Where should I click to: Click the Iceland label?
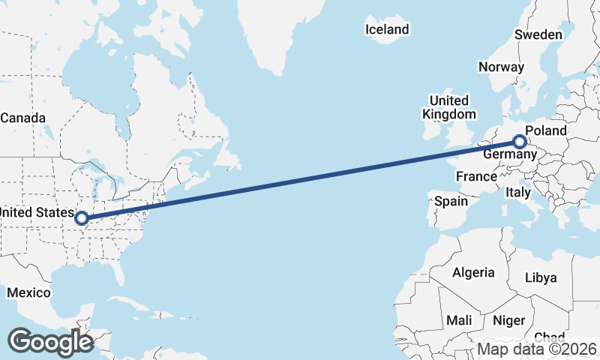point(387,30)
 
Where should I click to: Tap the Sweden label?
point(538,35)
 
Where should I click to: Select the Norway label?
point(501,67)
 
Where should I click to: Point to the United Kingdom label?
point(449,107)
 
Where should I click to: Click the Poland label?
point(546,130)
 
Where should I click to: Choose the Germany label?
point(509,154)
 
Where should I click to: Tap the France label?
point(476,177)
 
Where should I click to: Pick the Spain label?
point(451,201)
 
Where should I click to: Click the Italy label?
point(518,193)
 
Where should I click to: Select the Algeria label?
point(473,272)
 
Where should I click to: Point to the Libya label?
point(541,277)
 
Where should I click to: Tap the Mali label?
point(459,320)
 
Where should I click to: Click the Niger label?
point(509,320)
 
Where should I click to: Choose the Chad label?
point(550,337)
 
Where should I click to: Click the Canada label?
point(22,118)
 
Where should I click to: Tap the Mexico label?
point(28,292)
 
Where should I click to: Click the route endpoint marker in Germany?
point(519,141)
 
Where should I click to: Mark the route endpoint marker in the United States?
point(82,220)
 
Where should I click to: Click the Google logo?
point(50,342)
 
